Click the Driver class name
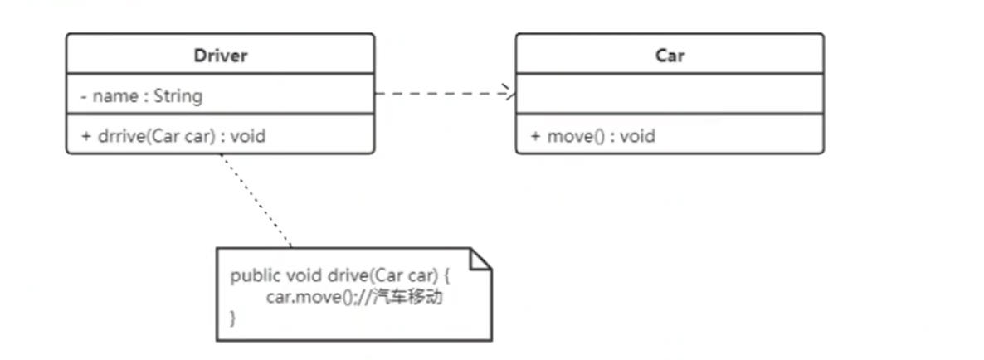pyautogui.click(x=220, y=56)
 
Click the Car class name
pyautogui.click(x=670, y=56)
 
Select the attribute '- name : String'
pyautogui.click(x=141, y=96)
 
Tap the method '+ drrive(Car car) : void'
pyautogui.click(x=173, y=136)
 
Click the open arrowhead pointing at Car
pyautogui.click(x=508, y=94)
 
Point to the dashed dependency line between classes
pyautogui.click(x=440, y=94)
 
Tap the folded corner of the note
pyautogui.click(x=481, y=257)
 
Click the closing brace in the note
pyautogui.click(x=233, y=318)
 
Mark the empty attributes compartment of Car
pyautogui.click(x=670, y=95)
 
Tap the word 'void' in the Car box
pyautogui.click(x=637, y=136)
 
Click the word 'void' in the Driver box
pyautogui.click(x=247, y=136)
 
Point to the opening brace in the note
pyautogui.click(x=447, y=276)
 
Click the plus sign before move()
pyautogui.click(x=535, y=136)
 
